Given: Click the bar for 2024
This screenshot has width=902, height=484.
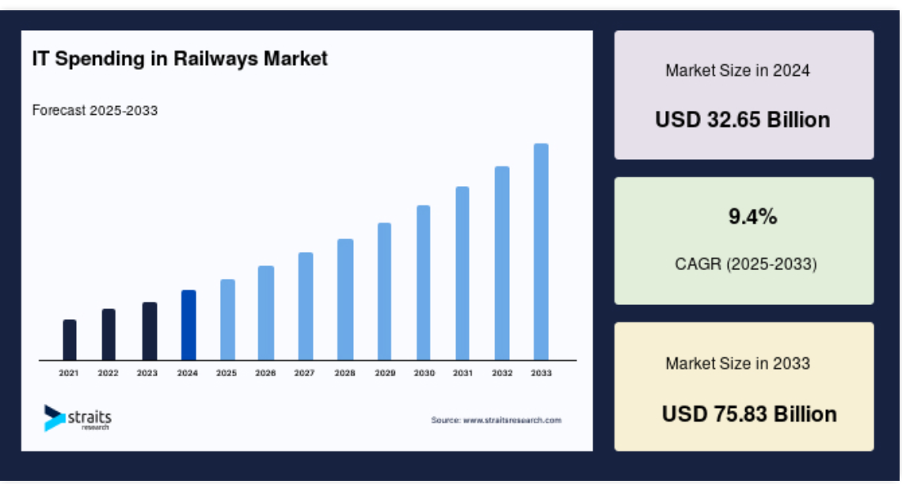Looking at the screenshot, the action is click(188, 325).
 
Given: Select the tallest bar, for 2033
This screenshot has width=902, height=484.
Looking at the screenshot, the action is click(541, 252).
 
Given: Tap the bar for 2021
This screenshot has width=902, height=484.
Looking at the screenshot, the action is click(69, 340).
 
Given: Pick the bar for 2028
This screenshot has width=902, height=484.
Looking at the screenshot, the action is click(345, 299).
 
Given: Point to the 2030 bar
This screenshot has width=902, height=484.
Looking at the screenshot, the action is click(424, 283).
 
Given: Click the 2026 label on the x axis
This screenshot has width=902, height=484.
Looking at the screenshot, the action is click(265, 373).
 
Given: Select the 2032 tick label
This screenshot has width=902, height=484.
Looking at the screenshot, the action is click(501, 373).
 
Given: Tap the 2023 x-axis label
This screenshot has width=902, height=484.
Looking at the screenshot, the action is click(147, 373).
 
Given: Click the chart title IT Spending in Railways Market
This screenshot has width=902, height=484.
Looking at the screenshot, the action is click(180, 59).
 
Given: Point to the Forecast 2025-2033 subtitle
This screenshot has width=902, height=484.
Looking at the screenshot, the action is click(95, 110).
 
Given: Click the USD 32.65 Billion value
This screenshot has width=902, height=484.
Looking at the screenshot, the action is click(743, 120).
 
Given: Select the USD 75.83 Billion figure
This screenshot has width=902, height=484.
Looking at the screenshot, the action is click(749, 413).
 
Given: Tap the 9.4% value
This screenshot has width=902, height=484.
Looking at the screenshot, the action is click(752, 216).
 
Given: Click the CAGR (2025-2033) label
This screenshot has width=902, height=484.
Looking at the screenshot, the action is click(745, 264).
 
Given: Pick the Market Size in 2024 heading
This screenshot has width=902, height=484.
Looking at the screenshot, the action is click(737, 71).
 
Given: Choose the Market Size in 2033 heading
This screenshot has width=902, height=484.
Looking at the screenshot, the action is click(737, 363).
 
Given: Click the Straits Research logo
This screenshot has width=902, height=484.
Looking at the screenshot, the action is click(78, 417).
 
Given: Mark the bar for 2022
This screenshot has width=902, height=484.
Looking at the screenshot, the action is click(108, 334).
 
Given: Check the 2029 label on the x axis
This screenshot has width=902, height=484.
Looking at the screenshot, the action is click(385, 373).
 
